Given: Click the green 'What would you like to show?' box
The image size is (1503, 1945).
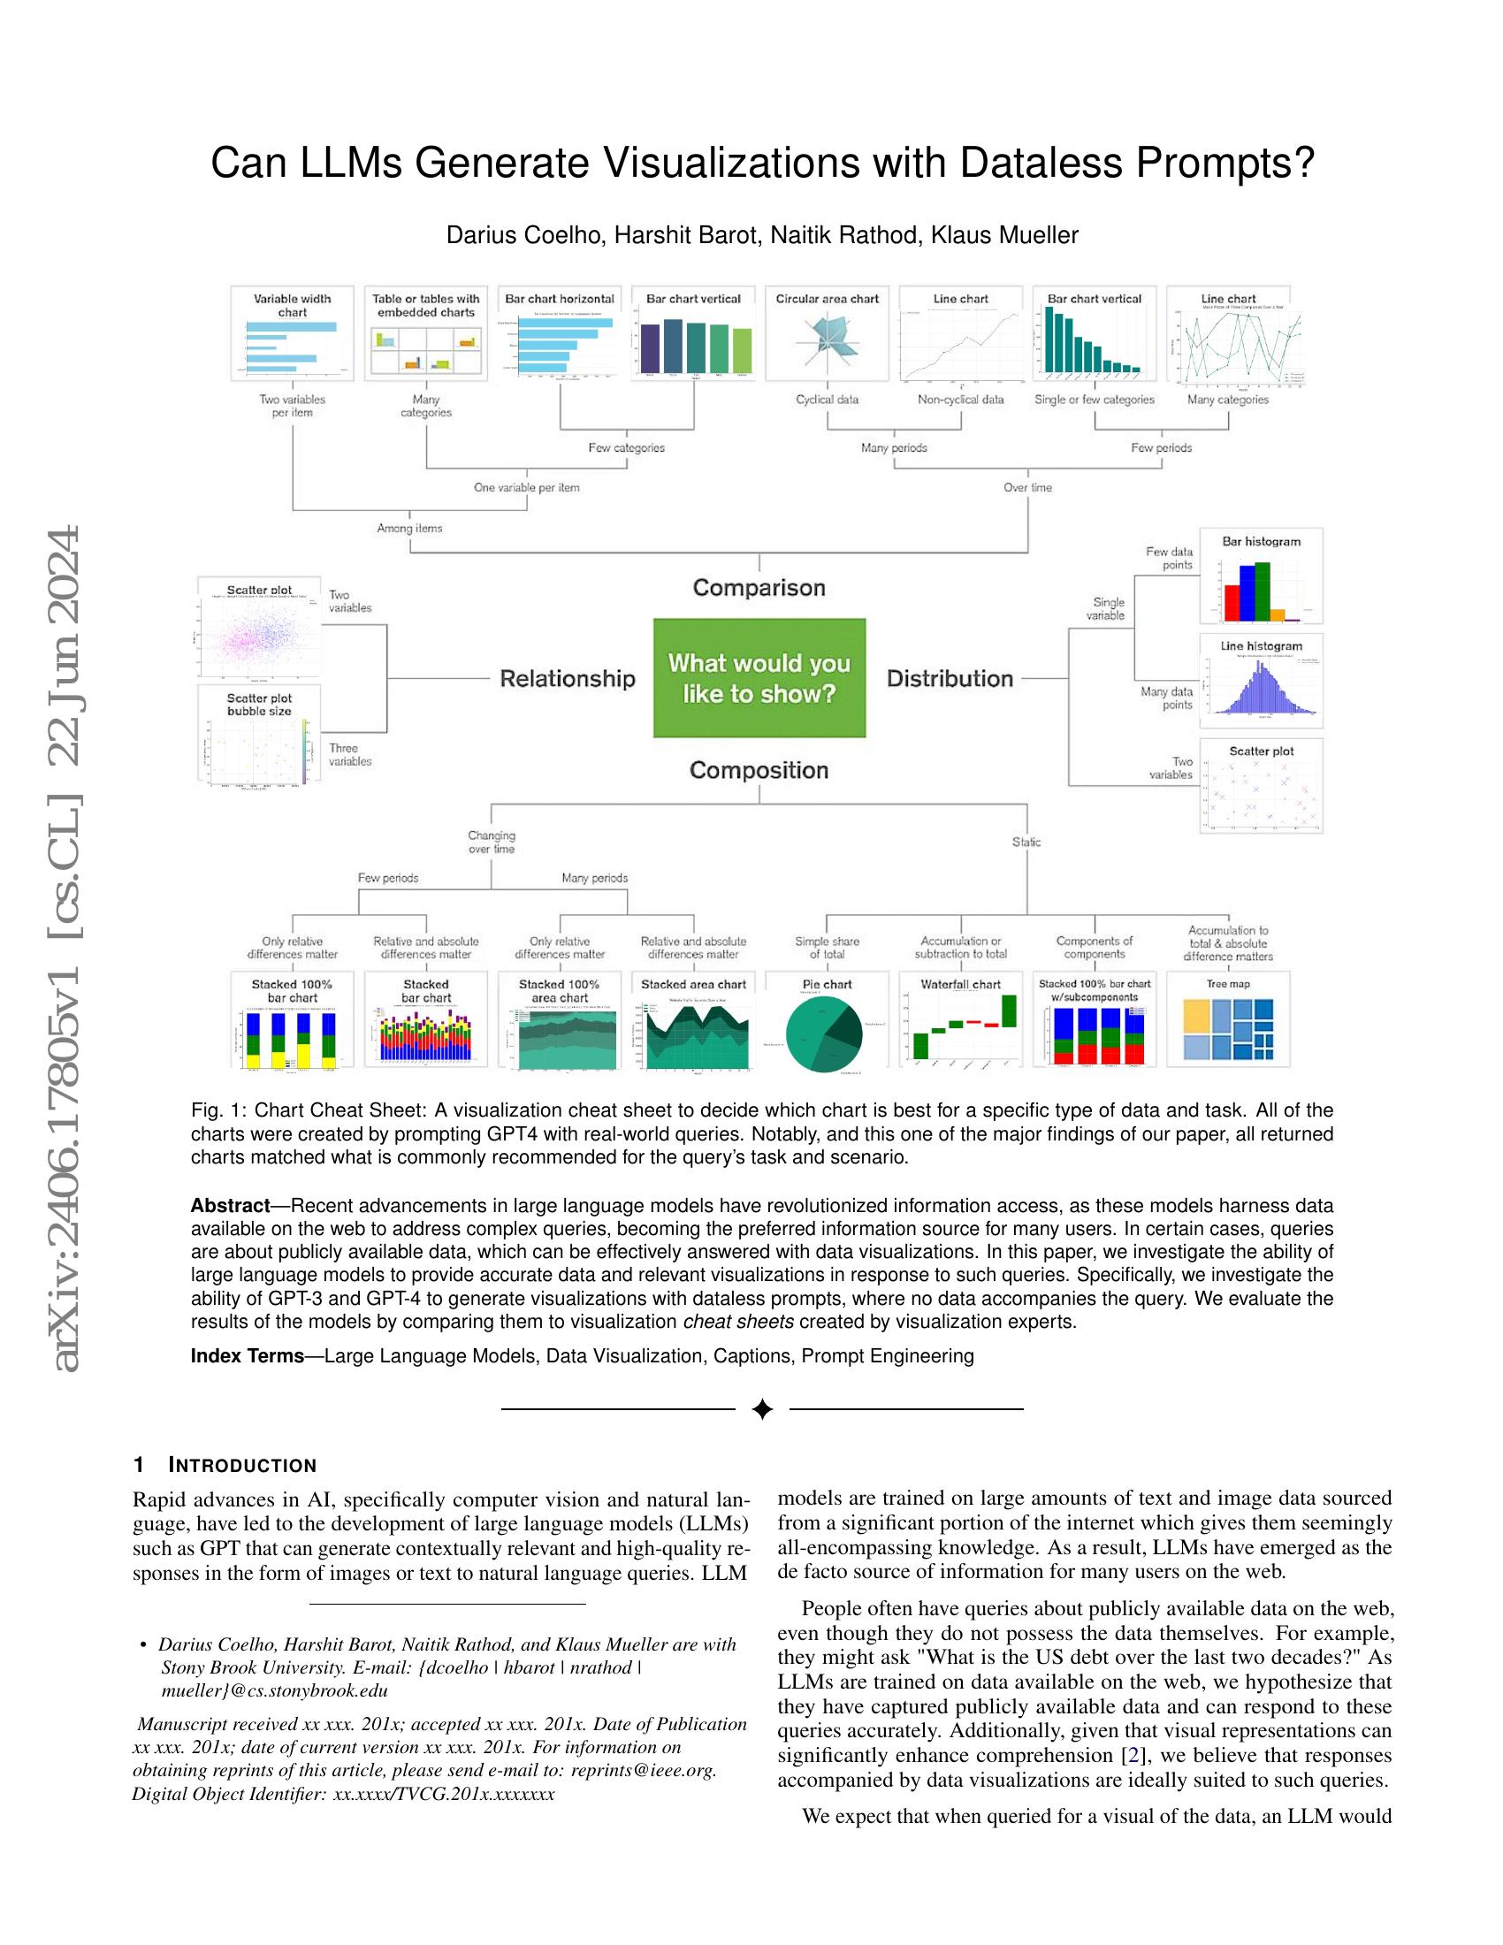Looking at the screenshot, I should pos(759,678).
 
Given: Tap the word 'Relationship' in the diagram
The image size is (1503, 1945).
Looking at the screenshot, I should pos(568,679).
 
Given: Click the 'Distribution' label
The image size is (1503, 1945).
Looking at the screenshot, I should pos(950,679).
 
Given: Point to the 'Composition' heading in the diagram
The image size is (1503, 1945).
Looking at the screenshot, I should pos(759,770).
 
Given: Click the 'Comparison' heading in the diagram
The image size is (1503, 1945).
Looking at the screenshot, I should pos(759,588).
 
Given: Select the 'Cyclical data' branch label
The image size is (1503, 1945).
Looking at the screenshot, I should pos(828,400).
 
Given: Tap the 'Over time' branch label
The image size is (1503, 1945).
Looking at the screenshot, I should pos(1027,488).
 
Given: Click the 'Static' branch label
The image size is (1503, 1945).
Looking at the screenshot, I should pos(1026,842).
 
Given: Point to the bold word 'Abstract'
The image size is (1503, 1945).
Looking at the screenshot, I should pos(230,1206).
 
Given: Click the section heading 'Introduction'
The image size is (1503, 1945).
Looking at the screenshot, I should pos(242,1466).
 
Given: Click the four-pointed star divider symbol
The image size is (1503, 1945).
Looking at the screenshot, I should pos(762,1409).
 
